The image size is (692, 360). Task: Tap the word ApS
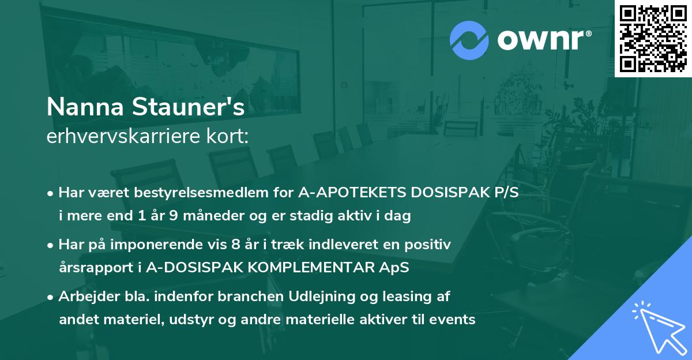pos(394,268)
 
